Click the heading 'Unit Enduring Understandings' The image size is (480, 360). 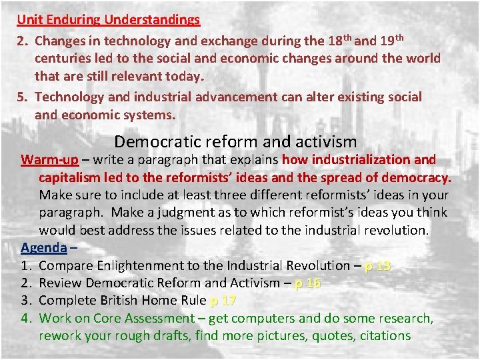109,19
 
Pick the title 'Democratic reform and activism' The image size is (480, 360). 235,141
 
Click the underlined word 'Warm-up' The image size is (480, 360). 50,160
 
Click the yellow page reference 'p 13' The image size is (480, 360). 378,265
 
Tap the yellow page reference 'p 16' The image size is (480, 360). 307,283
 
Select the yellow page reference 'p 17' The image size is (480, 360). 223,301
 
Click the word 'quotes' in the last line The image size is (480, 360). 311,336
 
